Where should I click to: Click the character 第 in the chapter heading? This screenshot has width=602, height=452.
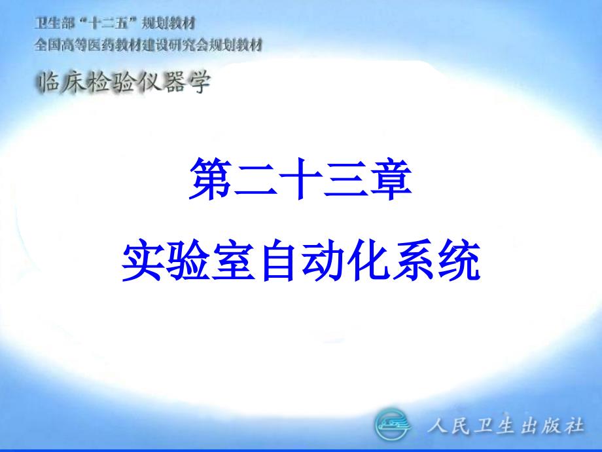211,179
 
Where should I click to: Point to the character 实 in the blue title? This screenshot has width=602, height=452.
143,260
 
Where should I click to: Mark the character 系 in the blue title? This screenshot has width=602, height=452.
414,260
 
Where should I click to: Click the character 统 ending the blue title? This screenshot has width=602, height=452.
459,260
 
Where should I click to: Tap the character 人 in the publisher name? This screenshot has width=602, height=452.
437,426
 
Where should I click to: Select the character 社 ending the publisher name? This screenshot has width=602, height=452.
575,426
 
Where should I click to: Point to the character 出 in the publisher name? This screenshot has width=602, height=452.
529,426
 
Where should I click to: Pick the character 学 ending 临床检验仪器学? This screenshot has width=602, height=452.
200,83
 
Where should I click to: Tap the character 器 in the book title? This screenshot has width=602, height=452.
175,83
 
